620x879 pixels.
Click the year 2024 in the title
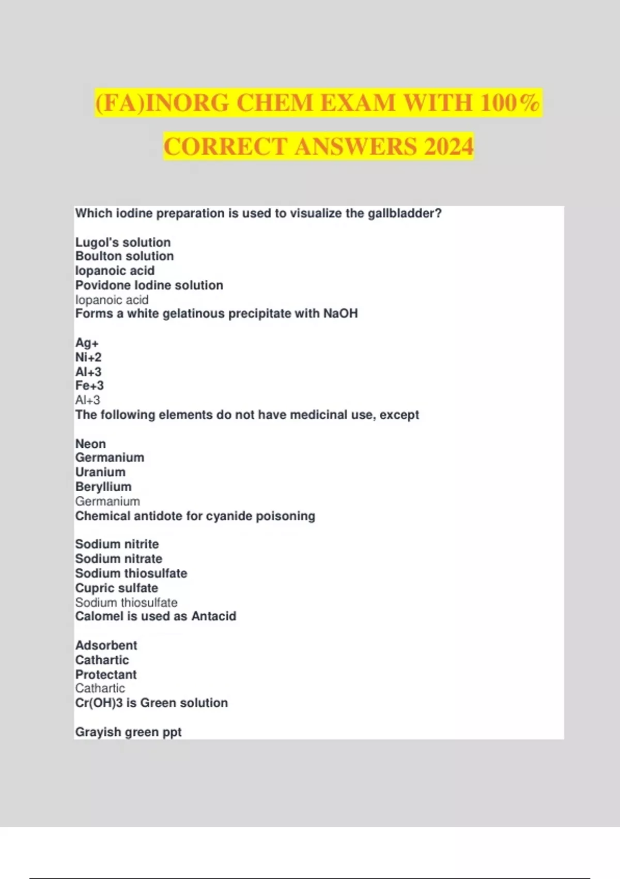point(448,146)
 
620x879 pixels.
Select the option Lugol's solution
point(123,243)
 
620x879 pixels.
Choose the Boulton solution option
point(125,256)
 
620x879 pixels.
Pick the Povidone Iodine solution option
point(149,285)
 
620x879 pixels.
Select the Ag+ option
point(87,343)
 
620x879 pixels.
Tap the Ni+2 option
point(88,357)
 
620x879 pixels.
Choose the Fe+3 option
point(89,386)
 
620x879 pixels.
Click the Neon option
point(90,444)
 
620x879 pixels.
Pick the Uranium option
point(100,473)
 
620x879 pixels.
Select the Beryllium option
point(103,487)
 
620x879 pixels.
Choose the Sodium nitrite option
point(117,544)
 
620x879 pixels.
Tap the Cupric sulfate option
point(117,588)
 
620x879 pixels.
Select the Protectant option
point(106,675)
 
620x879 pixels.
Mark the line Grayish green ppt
point(129,732)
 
